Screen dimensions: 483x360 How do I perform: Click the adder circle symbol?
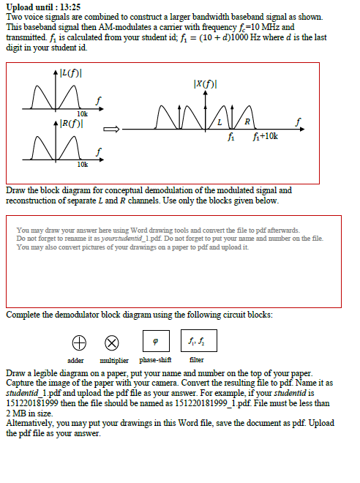(x=78, y=342)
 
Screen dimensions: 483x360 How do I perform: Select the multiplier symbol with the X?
(x=112, y=342)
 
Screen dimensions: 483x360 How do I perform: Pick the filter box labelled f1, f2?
(x=196, y=341)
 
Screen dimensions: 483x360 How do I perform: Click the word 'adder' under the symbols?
(x=75, y=360)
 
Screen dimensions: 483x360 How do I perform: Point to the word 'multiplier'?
(x=113, y=360)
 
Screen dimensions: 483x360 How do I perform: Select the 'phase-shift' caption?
(x=155, y=360)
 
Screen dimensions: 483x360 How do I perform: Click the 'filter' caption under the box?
(x=196, y=360)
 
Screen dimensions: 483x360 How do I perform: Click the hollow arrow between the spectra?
(x=111, y=130)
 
